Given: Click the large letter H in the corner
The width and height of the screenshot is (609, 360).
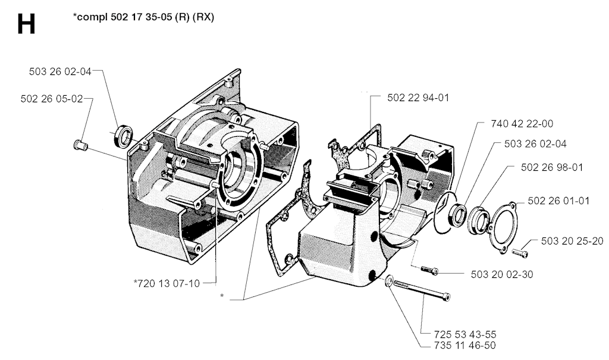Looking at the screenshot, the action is pyautogui.click(x=26, y=24).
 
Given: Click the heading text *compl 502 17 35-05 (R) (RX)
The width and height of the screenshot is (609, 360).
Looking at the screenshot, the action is pyautogui.click(x=143, y=17).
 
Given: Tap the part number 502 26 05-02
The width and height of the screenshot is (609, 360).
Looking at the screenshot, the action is pyautogui.click(x=52, y=99).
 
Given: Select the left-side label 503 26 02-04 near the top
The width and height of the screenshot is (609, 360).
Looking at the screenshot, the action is pyautogui.click(x=60, y=71).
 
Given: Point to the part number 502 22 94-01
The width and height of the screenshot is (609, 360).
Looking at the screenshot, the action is pyautogui.click(x=418, y=98).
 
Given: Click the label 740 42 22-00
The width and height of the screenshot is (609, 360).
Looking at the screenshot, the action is pyautogui.click(x=522, y=124).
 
